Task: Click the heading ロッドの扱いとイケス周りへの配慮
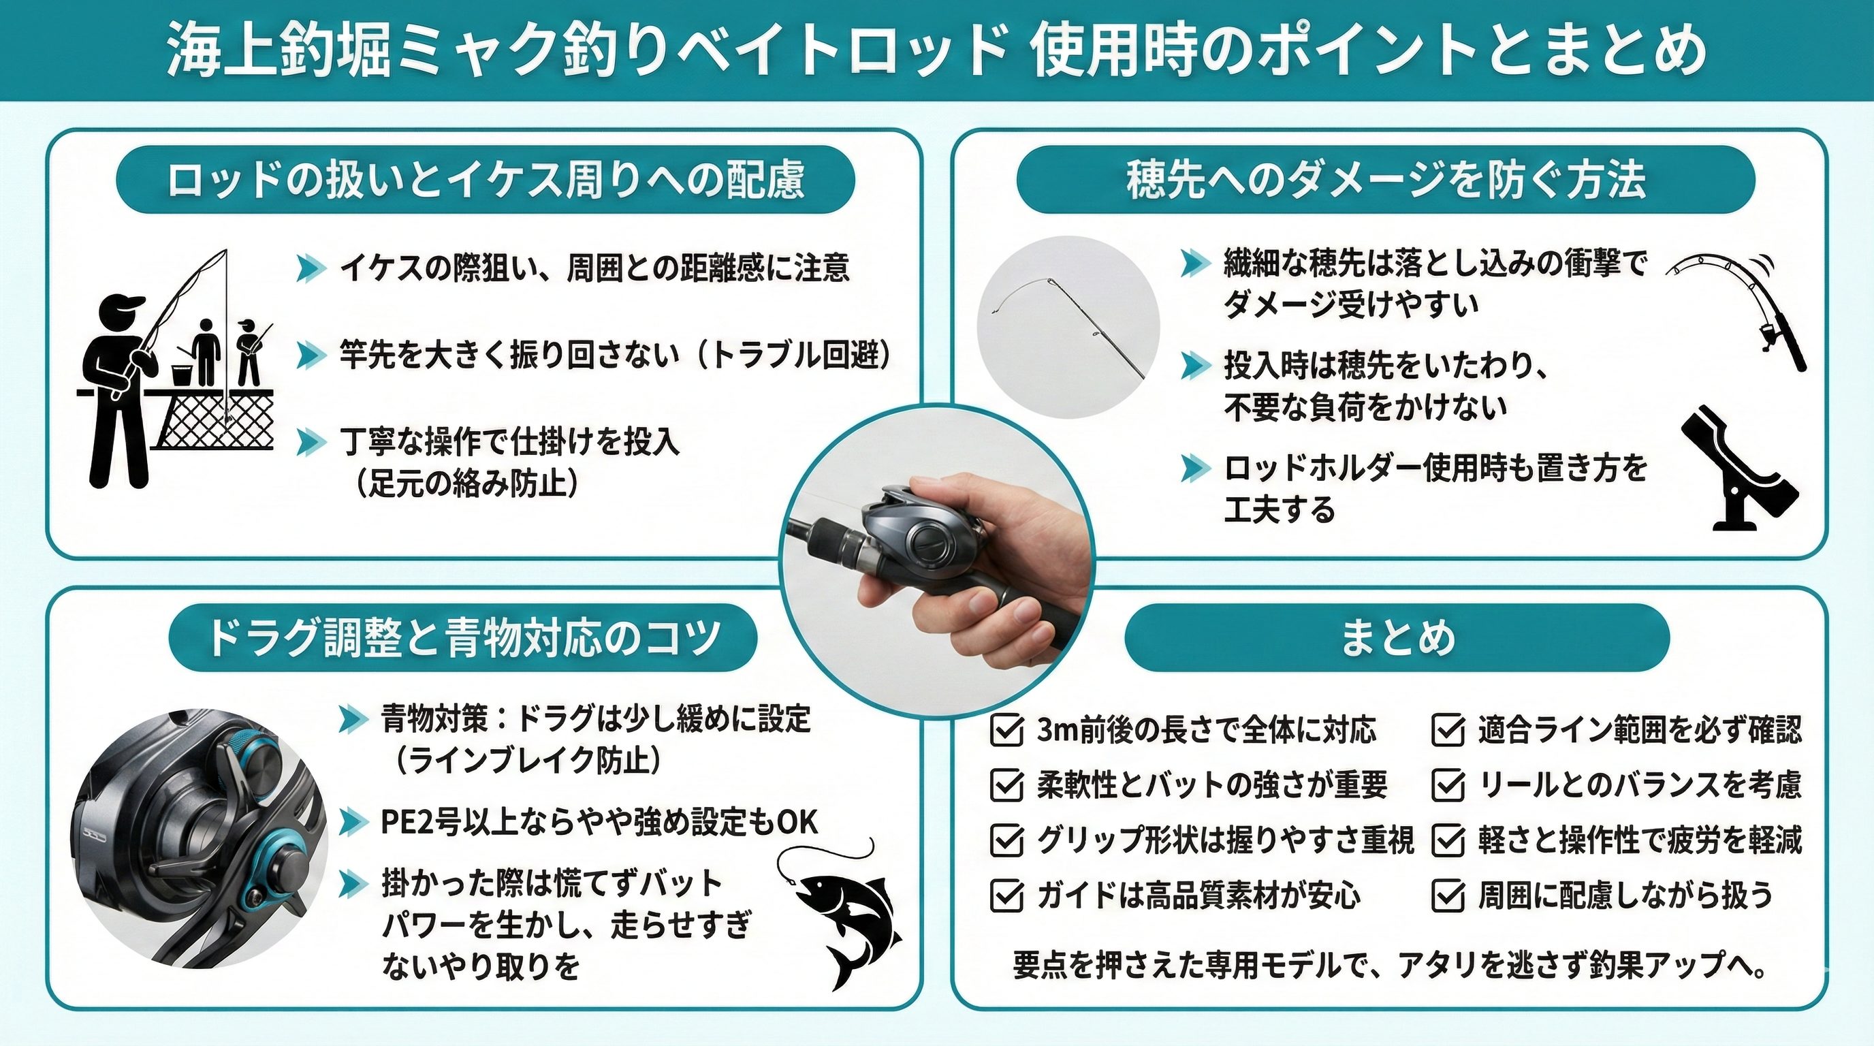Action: click(486, 180)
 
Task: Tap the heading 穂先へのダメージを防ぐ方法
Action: click(1385, 180)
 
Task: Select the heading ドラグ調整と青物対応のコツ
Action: click(464, 638)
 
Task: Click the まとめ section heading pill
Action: click(1397, 638)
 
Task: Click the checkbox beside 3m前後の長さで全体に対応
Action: click(1007, 729)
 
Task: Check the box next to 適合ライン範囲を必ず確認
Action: click(1448, 729)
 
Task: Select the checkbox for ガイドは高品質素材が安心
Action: click(1007, 896)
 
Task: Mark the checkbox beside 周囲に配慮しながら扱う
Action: click(1448, 896)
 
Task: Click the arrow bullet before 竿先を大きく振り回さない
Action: click(311, 355)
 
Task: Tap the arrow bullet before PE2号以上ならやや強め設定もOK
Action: click(353, 822)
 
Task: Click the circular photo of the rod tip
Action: click(1068, 328)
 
